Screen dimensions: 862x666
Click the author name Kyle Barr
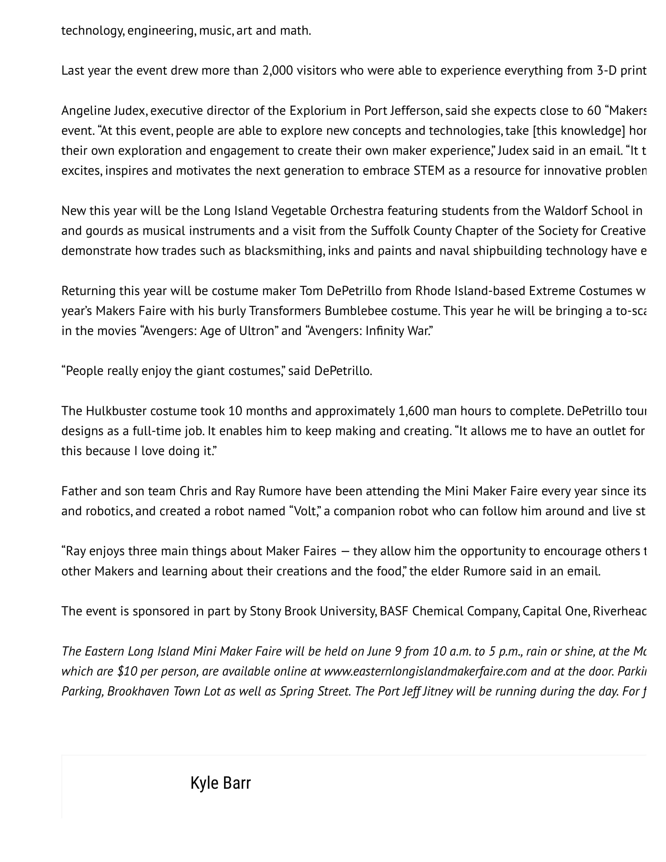(x=220, y=783)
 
